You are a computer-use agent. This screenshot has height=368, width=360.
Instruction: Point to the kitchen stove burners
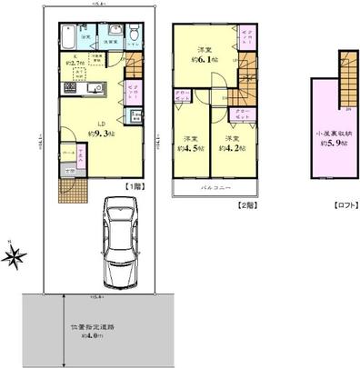70,87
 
